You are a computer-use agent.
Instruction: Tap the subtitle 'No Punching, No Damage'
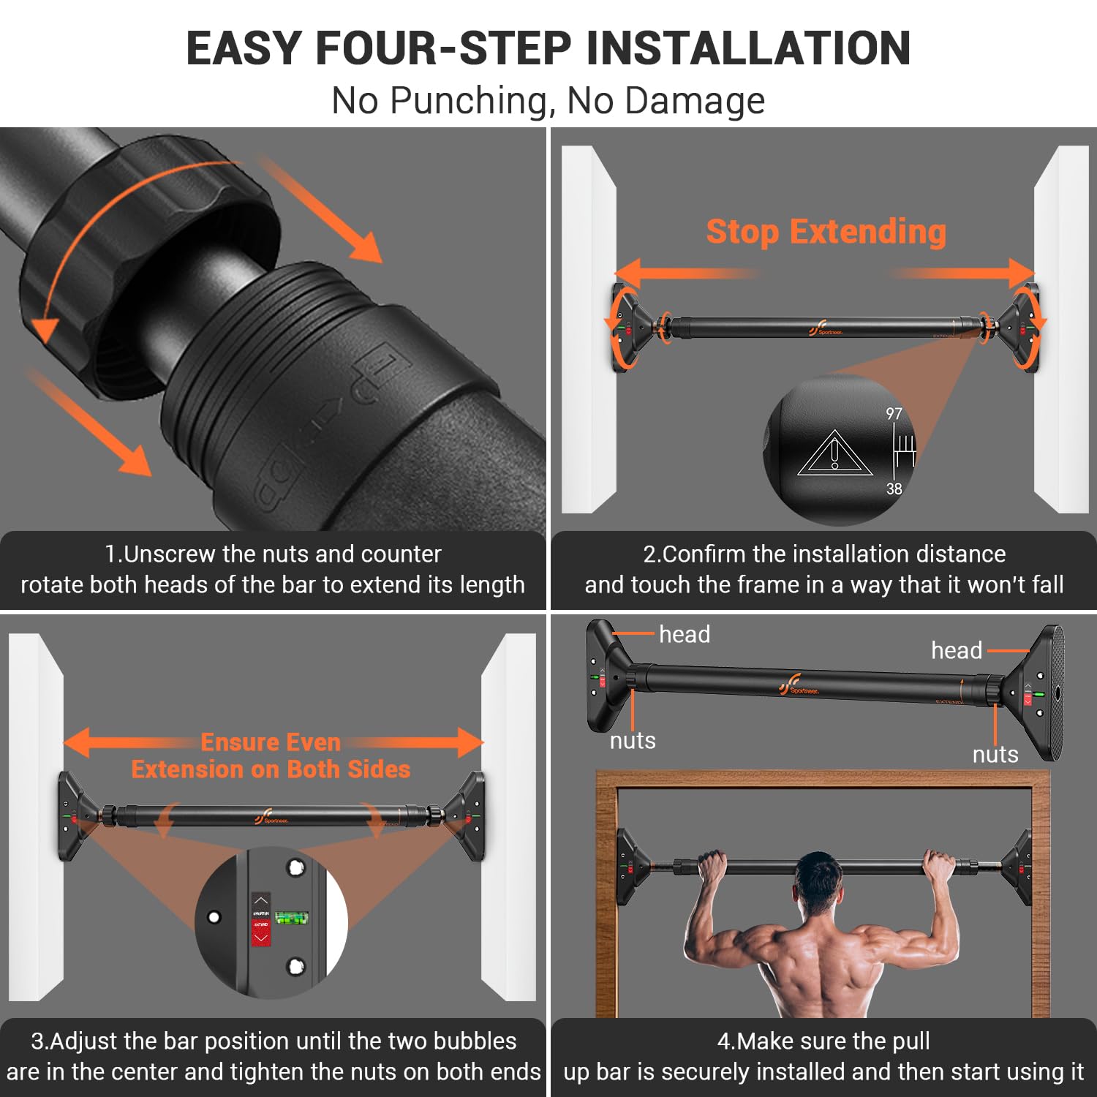pyautogui.click(x=548, y=100)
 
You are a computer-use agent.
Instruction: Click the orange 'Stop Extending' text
pyautogui.click(x=826, y=232)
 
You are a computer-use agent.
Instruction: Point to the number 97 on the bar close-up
pyautogui.click(x=894, y=414)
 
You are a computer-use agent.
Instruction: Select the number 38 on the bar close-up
pyautogui.click(x=894, y=489)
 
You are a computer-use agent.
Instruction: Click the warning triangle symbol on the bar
pyautogui.click(x=834, y=455)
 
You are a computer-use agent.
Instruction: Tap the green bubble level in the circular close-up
pyautogui.click(x=292, y=918)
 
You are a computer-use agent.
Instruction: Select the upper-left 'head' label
pyautogui.click(x=684, y=634)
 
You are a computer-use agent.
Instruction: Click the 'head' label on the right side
pyautogui.click(x=956, y=650)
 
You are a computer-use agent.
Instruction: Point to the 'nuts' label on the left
pyautogui.click(x=633, y=741)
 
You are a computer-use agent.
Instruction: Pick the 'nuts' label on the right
pyautogui.click(x=995, y=754)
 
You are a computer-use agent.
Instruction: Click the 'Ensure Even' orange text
pyautogui.click(x=271, y=742)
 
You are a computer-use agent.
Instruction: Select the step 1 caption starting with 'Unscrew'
pyautogui.click(x=273, y=569)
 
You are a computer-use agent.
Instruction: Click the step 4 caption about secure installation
pyautogui.click(x=823, y=1056)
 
